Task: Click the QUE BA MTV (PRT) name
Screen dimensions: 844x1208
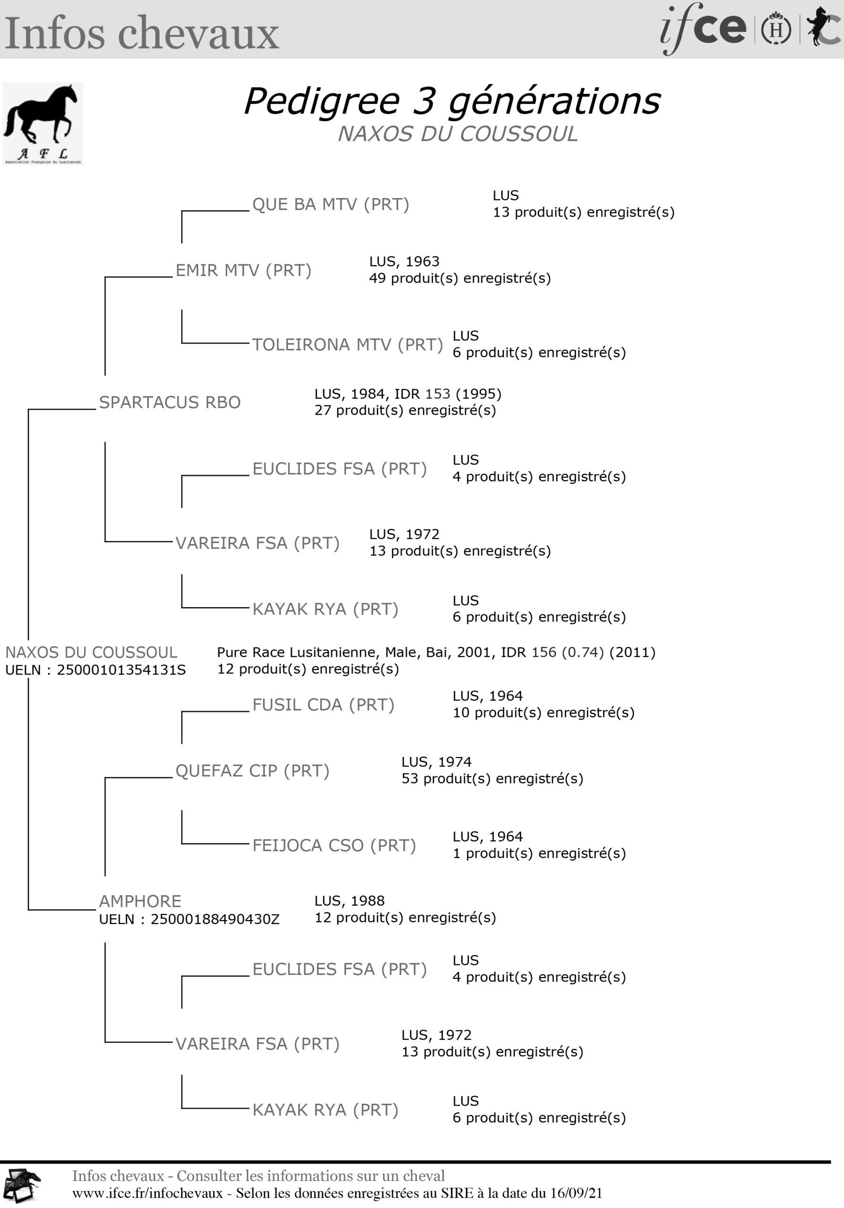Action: pyautogui.click(x=330, y=204)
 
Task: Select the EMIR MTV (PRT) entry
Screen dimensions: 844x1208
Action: pyautogui.click(x=244, y=270)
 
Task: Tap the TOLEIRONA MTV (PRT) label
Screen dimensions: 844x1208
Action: pyautogui.click(x=348, y=344)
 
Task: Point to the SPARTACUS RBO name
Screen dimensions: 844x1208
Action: pyautogui.click(x=170, y=402)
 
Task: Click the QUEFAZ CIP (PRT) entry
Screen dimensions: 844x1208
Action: pyautogui.click(x=253, y=771)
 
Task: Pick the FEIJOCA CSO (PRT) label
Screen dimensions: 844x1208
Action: pyautogui.click(x=334, y=846)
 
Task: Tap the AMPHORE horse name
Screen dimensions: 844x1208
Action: pyautogui.click(x=141, y=901)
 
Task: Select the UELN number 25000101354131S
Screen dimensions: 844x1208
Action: pyautogui.click(x=121, y=670)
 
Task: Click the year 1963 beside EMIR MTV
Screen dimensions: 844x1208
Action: pyautogui.click(x=422, y=261)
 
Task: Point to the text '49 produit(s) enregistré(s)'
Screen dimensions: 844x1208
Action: pyautogui.click(x=460, y=278)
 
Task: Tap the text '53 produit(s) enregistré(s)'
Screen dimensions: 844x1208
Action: pyautogui.click(x=492, y=779)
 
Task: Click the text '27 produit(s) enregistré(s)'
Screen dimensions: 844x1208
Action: pyautogui.click(x=405, y=411)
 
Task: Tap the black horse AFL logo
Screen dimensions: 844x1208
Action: pyautogui.click(x=42, y=124)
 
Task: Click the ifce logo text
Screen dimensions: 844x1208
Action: pyautogui.click(x=703, y=28)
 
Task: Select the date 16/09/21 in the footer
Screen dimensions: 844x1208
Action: pyautogui.click(x=576, y=1193)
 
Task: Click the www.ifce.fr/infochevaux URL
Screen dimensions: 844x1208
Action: pyautogui.click(x=147, y=1193)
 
